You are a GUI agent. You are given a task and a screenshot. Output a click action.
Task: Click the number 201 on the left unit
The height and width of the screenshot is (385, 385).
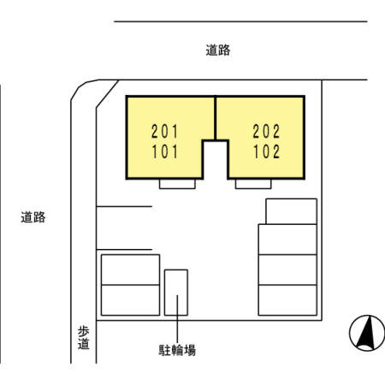(164, 132)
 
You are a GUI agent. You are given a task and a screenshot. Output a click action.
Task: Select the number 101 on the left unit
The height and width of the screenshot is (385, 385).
(164, 155)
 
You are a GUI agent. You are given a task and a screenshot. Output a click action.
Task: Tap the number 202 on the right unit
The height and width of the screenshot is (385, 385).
(266, 132)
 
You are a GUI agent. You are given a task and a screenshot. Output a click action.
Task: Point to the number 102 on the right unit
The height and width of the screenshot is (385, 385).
(266, 155)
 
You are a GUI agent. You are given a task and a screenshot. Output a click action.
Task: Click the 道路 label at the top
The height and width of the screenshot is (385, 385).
(218, 50)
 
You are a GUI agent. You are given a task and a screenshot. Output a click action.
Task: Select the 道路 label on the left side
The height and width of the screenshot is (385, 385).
(33, 217)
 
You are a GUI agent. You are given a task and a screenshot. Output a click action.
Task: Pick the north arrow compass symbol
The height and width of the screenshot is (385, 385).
(365, 333)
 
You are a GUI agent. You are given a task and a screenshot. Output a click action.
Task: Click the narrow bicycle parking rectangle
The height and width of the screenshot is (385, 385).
(175, 293)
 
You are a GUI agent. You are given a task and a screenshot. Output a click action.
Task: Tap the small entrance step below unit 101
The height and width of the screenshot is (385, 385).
(179, 184)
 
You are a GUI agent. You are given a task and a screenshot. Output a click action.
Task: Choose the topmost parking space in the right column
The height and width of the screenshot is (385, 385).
(292, 210)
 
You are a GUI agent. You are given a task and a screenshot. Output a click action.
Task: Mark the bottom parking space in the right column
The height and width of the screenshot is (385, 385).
(287, 299)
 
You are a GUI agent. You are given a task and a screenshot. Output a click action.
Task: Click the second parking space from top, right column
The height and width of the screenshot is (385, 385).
(287, 239)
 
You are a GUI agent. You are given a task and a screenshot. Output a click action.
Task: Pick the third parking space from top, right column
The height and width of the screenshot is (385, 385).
(287, 269)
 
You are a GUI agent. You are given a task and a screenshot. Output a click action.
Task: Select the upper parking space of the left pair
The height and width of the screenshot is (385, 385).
(130, 269)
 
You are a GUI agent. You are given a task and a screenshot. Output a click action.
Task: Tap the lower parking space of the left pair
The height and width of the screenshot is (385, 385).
(130, 299)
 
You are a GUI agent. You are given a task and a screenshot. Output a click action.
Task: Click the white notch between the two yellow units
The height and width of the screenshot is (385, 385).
(215, 159)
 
